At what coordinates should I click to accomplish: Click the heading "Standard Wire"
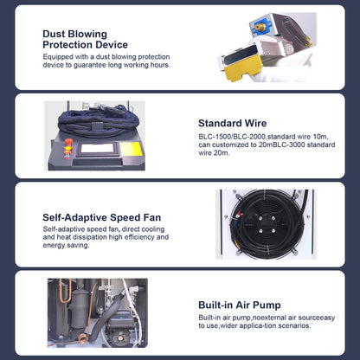tap(232, 124)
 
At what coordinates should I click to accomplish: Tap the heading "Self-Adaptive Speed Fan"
tap(102, 217)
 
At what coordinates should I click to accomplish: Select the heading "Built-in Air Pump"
tap(240, 305)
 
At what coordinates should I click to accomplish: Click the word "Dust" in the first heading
tap(54, 34)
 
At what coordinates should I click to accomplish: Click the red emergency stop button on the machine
tap(68, 142)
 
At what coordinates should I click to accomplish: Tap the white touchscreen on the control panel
tap(97, 148)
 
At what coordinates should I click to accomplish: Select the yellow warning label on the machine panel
tap(132, 149)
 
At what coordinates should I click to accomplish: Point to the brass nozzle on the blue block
tap(260, 28)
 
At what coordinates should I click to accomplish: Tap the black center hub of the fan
tap(266, 224)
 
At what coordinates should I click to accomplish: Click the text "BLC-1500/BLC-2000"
tap(232, 137)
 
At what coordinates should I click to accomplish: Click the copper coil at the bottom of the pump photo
tap(81, 338)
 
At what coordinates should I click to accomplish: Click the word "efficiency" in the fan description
tap(138, 237)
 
